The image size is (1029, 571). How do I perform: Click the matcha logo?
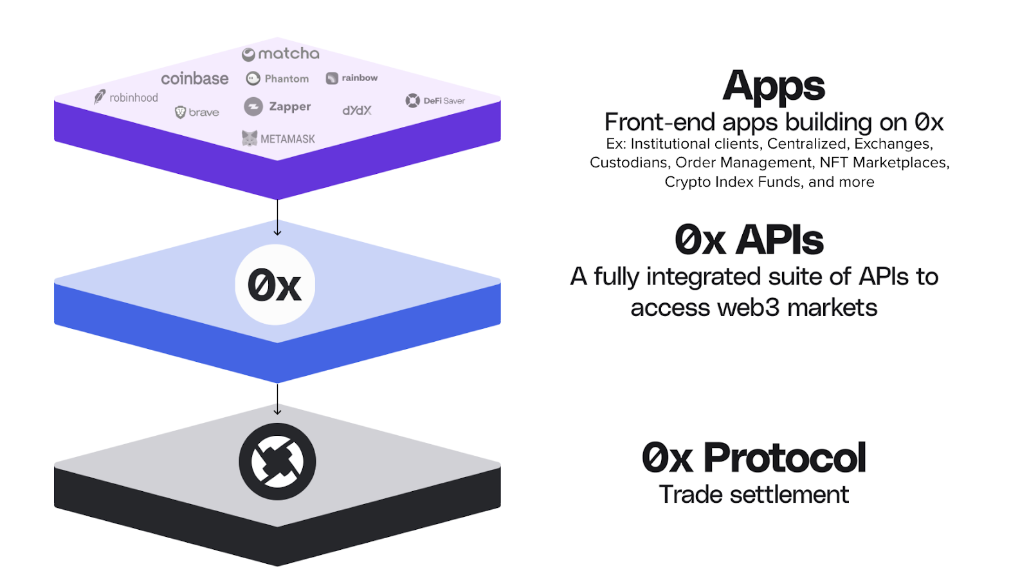tap(280, 54)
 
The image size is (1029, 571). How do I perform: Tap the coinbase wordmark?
tap(195, 79)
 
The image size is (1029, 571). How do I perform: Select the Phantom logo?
tap(277, 79)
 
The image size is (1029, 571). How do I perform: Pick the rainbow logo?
tap(352, 78)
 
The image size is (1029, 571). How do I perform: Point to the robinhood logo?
tap(126, 97)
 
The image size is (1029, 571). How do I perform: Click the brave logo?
tap(197, 112)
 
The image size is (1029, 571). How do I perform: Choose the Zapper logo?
tap(277, 107)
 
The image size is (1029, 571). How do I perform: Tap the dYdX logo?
tap(357, 110)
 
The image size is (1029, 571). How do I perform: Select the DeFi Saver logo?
tap(435, 100)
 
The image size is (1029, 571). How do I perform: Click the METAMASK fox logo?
tap(250, 138)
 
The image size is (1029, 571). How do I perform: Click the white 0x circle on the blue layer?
tap(275, 285)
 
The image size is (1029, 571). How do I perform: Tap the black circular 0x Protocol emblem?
tap(277, 462)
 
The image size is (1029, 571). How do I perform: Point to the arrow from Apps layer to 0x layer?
tap(277, 218)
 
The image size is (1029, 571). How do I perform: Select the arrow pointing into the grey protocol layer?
tap(277, 399)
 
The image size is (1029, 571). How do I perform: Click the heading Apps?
tap(774, 86)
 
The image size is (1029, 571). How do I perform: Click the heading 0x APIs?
tap(749, 239)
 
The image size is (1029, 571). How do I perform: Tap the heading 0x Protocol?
tap(754, 457)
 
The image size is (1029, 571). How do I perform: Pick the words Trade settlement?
tap(754, 494)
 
